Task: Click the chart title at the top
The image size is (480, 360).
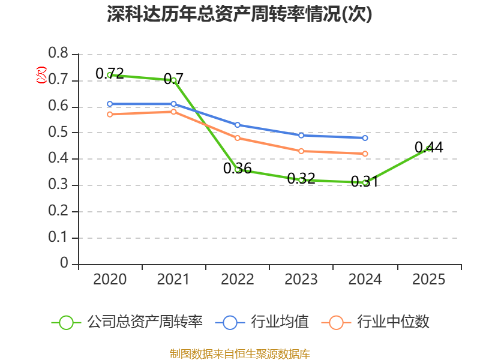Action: point(239,14)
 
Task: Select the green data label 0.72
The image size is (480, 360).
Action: point(110,73)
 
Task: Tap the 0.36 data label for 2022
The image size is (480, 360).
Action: point(237,169)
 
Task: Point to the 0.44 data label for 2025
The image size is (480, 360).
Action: point(428,147)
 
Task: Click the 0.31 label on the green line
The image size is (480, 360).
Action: point(365,182)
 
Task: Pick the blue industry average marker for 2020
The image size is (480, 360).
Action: point(110,104)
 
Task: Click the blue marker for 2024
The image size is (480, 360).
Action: point(365,138)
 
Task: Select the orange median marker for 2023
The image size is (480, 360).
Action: point(301,151)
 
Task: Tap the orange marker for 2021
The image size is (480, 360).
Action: point(173,112)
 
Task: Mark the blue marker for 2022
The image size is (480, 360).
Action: point(237,125)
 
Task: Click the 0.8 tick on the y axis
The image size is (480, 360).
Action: point(58,53)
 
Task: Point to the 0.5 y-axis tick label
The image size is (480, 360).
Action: point(58,132)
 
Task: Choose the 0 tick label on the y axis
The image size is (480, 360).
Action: point(64,263)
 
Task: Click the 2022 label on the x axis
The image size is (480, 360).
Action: point(237,280)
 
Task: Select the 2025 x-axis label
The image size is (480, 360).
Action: point(428,280)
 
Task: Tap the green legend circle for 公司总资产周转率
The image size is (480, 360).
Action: point(66,323)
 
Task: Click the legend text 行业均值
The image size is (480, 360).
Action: point(280,322)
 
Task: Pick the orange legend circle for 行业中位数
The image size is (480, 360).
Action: point(336,323)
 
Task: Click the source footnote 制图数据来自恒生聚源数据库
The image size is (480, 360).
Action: point(240,354)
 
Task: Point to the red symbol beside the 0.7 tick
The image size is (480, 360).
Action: point(41,75)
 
